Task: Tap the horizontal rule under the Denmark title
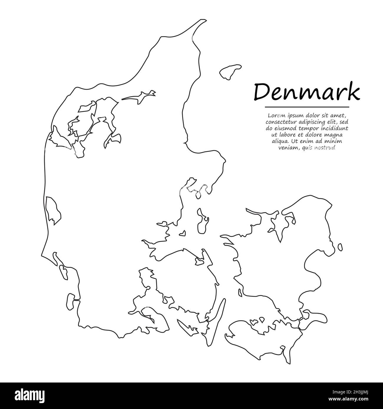click(307, 107)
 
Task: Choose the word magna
click(334, 135)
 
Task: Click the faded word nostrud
click(326, 148)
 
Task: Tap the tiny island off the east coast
click(340, 247)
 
